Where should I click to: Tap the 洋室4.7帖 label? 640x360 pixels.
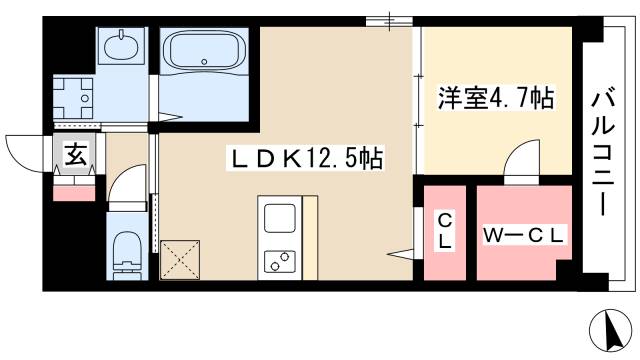click(496, 100)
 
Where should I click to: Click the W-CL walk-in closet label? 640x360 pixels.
click(525, 235)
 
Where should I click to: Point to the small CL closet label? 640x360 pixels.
click(444, 232)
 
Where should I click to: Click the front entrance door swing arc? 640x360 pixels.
click(24, 150)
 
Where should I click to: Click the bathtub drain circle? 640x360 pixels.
click(204, 62)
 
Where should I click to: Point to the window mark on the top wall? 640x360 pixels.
click(381, 20)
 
